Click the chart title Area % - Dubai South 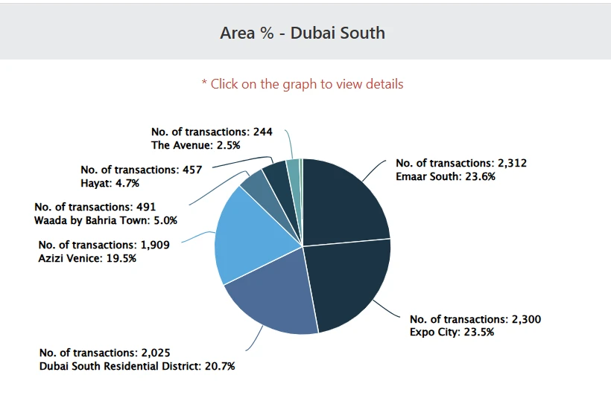303,33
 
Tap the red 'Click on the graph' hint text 303,84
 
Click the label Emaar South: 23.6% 446,177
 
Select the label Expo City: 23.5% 452,332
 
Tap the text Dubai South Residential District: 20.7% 138,365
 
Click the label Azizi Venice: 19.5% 87,257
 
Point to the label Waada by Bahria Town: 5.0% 106,220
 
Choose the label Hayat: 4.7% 110,183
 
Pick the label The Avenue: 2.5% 200,145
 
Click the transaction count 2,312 512,163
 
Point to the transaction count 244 263,132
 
